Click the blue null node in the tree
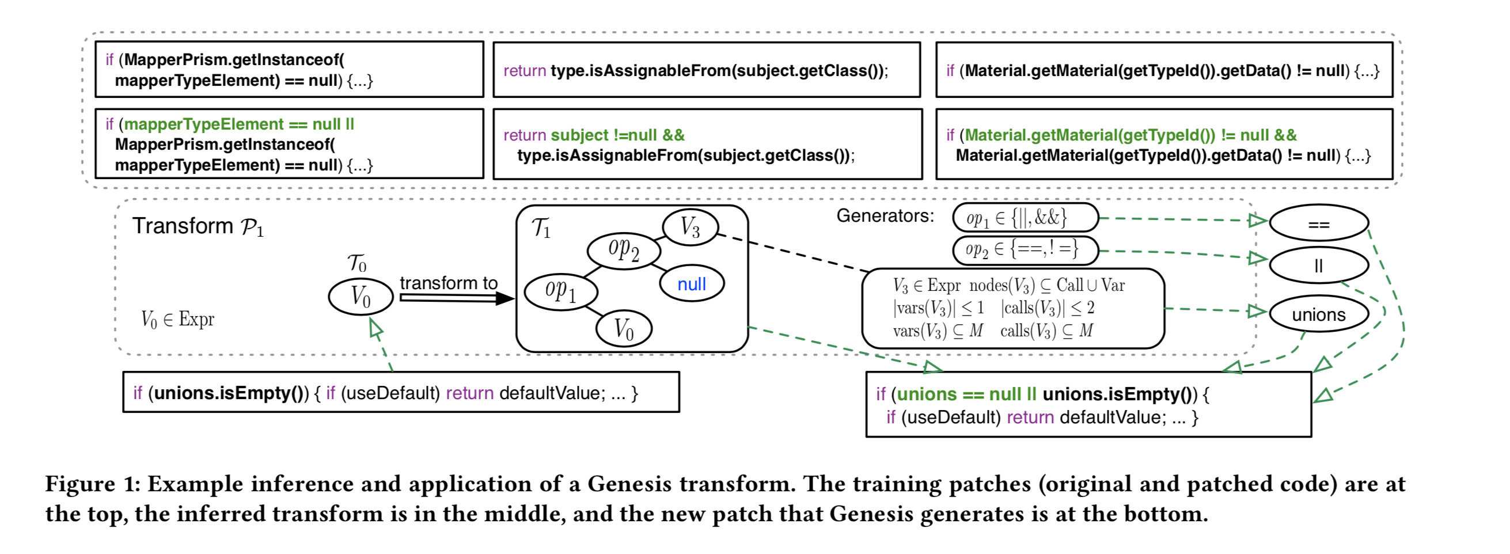click(692, 284)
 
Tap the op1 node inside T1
click(560, 291)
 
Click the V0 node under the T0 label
click(361, 297)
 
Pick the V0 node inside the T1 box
click(623, 328)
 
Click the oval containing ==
click(1318, 223)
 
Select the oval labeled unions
click(1318, 314)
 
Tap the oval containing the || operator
click(1318, 265)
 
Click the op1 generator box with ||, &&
click(1025, 218)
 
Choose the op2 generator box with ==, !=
click(1025, 251)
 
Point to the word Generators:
click(885, 216)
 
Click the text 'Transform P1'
click(198, 226)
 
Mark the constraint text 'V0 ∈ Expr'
click(177, 320)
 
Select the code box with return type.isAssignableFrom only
click(707, 70)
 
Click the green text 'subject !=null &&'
click(617, 135)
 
